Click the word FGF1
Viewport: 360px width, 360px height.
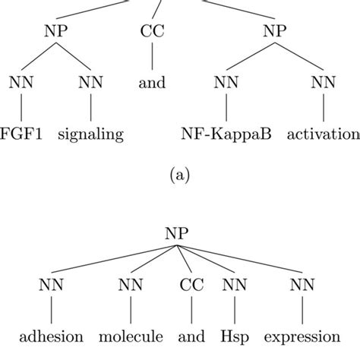tap(21, 134)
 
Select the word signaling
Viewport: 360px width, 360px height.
tap(90, 134)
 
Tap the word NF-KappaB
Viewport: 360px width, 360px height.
tap(226, 134)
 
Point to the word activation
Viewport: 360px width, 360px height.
tap(324, 134)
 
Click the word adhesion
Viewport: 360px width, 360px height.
tap(51, 336)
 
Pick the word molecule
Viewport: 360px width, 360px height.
tap(131, 336)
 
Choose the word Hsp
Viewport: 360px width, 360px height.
tap(235, 337)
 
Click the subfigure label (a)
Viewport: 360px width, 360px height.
tap(179, 175)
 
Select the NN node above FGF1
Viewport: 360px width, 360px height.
tap(21, 82)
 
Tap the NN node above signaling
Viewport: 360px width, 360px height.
tap(90, 82)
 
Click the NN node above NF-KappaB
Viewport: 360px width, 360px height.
tap(226, 82)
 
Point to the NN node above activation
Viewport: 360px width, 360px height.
tap(324, 82)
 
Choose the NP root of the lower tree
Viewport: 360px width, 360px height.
tap(177, 233)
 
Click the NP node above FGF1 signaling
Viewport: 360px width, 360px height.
tap(56, 31)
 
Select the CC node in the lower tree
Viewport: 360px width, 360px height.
tap(191, 285)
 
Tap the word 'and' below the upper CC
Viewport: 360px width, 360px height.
tap(152, 83)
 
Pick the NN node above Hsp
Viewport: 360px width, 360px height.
tap(235, 285)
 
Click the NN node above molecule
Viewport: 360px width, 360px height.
tap(131, 285)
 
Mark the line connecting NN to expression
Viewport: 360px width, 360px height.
tap(302, 310)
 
